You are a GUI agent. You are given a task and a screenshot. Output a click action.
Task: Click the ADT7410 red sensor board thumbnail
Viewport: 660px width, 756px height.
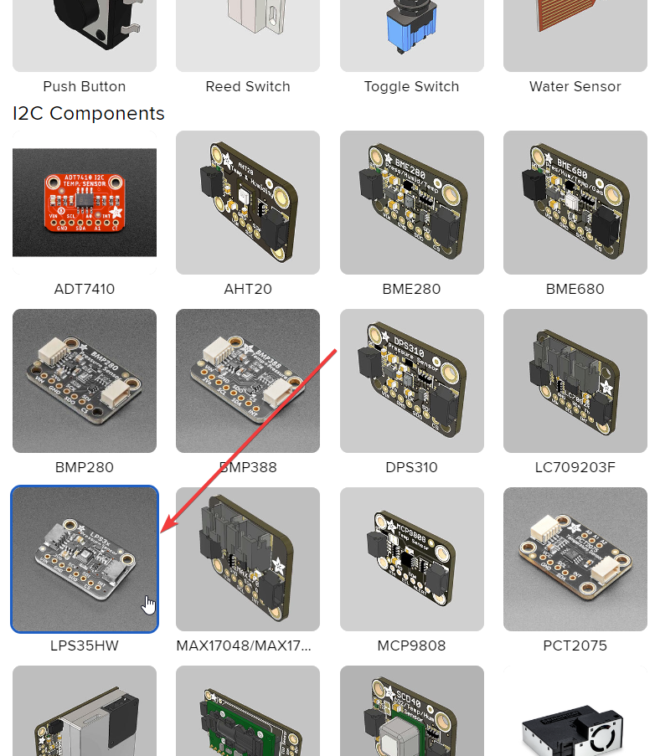(x=85, y=203)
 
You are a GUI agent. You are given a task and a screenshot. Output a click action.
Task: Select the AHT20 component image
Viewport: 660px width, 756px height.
(x=248, y=203)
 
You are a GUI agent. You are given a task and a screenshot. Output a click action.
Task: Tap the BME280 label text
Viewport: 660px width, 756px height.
(x=411, y=289)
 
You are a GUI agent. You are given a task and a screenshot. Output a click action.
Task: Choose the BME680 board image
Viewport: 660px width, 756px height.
(x=575, y=203)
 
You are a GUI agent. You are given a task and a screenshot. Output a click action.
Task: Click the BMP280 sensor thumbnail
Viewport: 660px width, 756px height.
(x=85, y=381)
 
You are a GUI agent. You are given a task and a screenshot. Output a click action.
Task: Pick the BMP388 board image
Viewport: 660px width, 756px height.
(x=248, y=381)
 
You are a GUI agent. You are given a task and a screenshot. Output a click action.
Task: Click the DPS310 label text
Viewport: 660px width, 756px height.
(x=411, y=467)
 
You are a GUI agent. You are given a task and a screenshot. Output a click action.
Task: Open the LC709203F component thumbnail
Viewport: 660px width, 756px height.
(x=575, y=381)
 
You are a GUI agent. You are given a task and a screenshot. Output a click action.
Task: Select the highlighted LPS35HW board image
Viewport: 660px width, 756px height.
(x=85, y=559)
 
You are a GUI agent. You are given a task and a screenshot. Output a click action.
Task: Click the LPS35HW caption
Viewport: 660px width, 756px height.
(x=85, y=645)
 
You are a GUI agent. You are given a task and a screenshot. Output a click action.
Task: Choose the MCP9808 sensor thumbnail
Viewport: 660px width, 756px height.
(x=411, y=559)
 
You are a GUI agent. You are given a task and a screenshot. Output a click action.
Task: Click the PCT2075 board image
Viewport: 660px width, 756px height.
(x=575, y=559)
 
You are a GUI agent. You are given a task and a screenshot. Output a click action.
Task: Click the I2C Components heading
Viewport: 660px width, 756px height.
(x=89, y=114)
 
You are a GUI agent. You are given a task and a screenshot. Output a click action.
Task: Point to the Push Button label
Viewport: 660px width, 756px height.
(x=85, y=86)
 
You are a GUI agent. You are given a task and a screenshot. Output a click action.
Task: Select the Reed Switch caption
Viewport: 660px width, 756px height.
(x=248, y=86)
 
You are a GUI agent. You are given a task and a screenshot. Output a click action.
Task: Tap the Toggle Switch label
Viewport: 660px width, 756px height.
(x=411, y=86)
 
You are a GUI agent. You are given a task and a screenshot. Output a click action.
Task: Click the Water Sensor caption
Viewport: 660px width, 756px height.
(x=575, y=86)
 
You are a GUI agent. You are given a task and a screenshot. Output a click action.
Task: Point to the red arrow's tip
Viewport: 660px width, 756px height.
(x=162, y=532)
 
